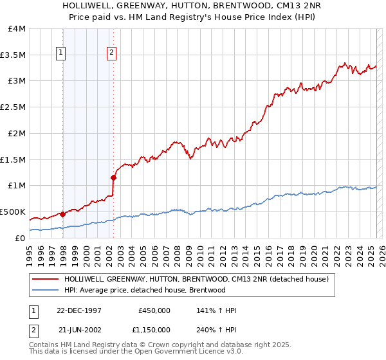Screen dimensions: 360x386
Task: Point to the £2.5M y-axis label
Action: click(x=13, y=107)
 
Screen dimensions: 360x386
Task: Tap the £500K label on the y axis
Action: click(x=13, y=212)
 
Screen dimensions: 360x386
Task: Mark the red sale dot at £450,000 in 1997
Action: click(x=62, y=214)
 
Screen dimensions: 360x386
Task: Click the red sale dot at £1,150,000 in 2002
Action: click(x=113, y=177)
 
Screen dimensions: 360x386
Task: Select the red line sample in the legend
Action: click(x=46, y=279)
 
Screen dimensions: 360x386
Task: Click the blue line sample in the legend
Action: click(x=46, y=290)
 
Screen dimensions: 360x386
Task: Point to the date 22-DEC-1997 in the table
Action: click(x=79, y=310)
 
